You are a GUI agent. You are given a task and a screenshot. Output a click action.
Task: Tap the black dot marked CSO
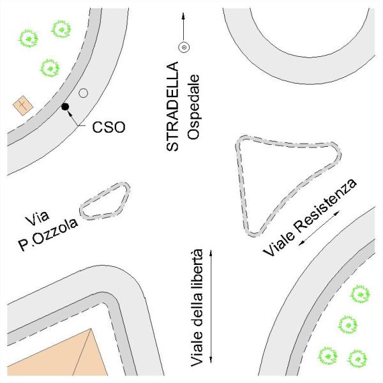point(65,107)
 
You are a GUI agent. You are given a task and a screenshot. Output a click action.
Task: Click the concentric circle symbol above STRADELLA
point(183,47)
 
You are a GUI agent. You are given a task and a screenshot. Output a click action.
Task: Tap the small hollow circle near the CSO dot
point(82,93)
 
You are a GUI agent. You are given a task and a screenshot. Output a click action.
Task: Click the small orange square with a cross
point(23,104)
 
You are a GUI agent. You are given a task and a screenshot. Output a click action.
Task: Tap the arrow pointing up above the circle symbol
point(183,24)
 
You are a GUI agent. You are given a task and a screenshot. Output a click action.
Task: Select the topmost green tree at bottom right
point(359,294)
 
